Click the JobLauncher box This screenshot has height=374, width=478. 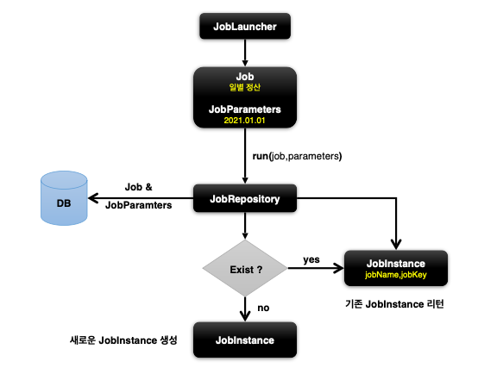click(246, 27)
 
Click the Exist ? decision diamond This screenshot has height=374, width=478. click(246, 268)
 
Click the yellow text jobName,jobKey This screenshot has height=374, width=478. click(396, 275)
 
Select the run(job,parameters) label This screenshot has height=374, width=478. click(299, 156)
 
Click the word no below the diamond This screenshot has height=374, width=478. click(263, 308)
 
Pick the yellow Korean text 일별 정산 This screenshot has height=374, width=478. click(246, 88)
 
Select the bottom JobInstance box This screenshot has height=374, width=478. click(246, 340)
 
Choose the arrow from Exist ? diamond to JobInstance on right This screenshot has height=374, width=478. click(315, 268)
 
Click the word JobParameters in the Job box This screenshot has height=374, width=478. click(246, 110)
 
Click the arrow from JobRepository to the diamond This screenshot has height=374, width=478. click(246, 226)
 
